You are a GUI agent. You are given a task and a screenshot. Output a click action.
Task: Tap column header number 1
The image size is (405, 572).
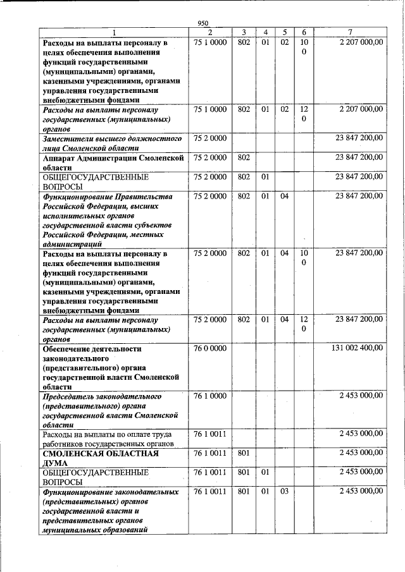click(x=114, y=32)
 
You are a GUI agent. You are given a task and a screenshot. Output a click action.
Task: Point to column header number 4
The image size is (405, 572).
click(x=266, y=32)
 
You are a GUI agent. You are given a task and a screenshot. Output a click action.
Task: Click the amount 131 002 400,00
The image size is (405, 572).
click(x=357, y=348)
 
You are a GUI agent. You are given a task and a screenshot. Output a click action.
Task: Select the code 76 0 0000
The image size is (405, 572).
click(x=210, y=348)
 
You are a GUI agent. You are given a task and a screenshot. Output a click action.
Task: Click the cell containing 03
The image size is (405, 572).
click(x=285, y=491)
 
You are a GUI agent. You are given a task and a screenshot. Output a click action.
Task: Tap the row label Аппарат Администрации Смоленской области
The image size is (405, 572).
click(x=112, y=162)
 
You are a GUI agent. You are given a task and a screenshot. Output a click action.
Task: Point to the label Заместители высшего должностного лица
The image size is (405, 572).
click(x=112, y=143)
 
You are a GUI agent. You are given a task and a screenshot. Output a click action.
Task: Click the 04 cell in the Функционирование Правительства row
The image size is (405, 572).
click(x=285, y=196)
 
